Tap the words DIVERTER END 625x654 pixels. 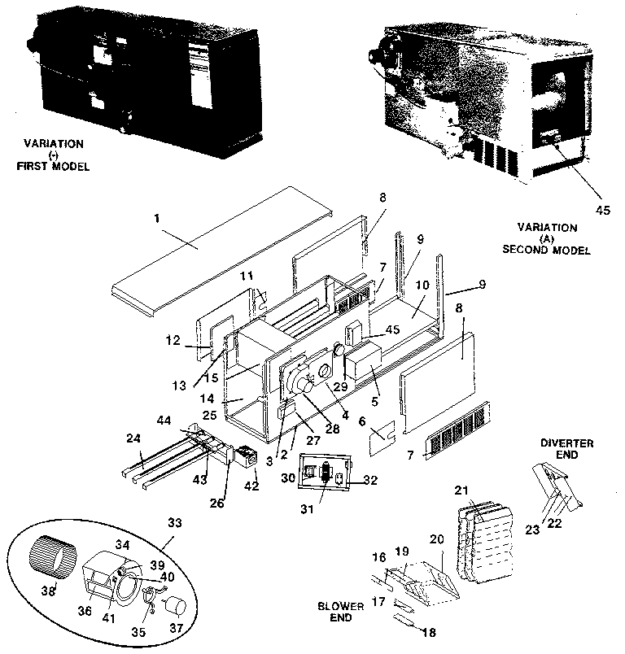566,449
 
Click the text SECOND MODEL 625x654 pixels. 550,251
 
